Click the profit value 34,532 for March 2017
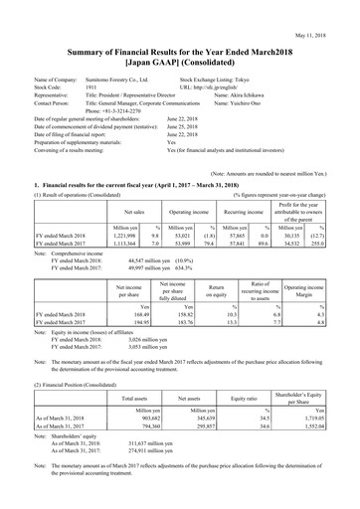click(295, 227)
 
